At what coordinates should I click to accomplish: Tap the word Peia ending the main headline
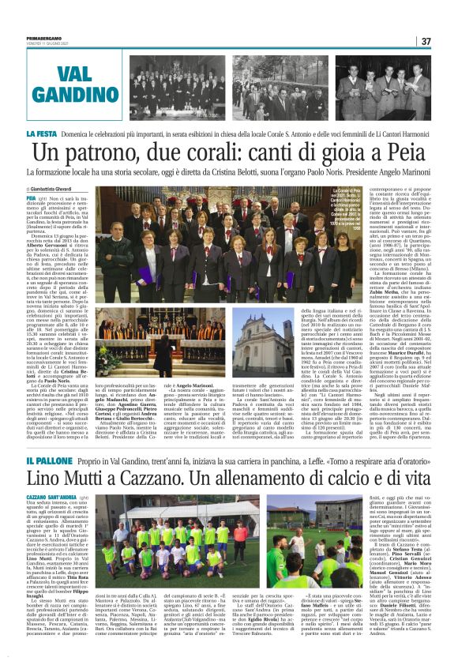[x=407, y=153]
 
